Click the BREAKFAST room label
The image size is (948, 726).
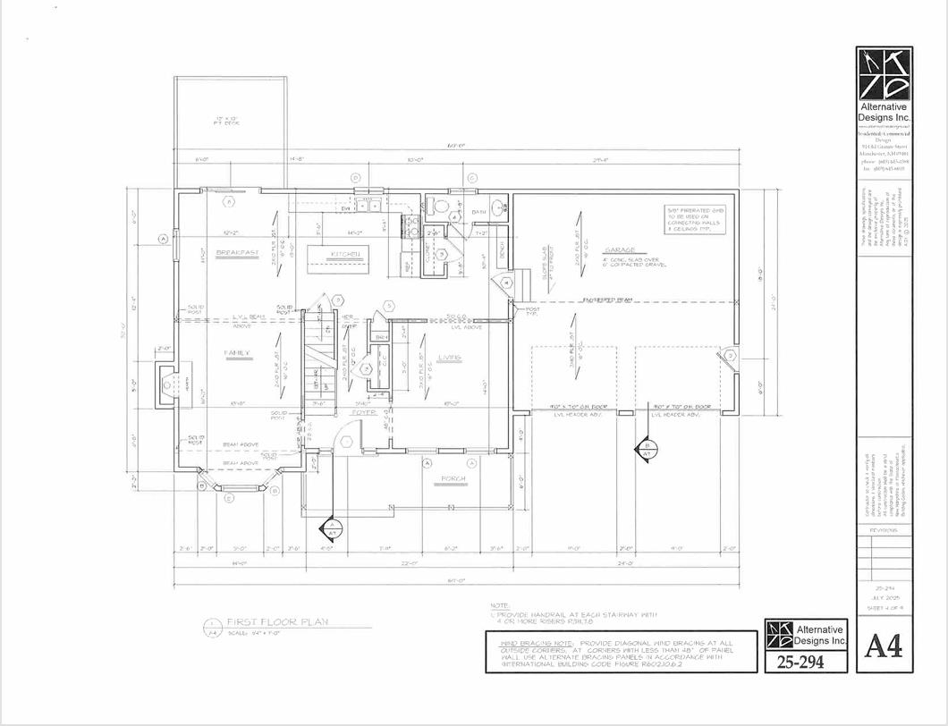[x=237, y=253]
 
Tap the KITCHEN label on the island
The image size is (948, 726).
[x=345, y=255]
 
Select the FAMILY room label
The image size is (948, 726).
[x=236, y=353]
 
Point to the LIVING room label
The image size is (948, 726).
[x=449, y=358]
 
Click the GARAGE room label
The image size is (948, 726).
[x=619, y=249]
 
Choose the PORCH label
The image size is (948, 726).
[x=453, y=480]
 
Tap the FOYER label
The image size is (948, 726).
[x=361, y=413]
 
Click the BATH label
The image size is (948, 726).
[x=478, y=213]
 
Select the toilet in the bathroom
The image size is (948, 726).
[x=438, y=206]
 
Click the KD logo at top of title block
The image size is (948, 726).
[x=883, y=74]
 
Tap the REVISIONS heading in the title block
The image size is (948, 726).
[x=884, y=530]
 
